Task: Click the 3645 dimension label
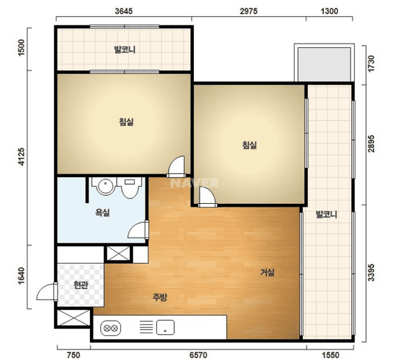point(124,11)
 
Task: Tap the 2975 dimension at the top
point(249,11)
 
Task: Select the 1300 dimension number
point(330,11)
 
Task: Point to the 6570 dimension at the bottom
point(198,355)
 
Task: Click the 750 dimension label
point(73,355)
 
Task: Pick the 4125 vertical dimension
point(22,156)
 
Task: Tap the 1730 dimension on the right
point(371,64)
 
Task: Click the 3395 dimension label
point(371,273)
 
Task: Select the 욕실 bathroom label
point(103,212)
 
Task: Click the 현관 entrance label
point(81,285)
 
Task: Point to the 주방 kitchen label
point(160,297)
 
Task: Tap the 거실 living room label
point(267,272)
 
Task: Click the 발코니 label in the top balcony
point(125,49)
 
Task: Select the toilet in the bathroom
point(131,188)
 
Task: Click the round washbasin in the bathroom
point(105,186)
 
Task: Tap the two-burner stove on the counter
point(111,328)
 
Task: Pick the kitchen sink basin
point(165,328)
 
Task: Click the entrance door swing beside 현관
point(47,292)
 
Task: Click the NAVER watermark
point(195,183)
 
